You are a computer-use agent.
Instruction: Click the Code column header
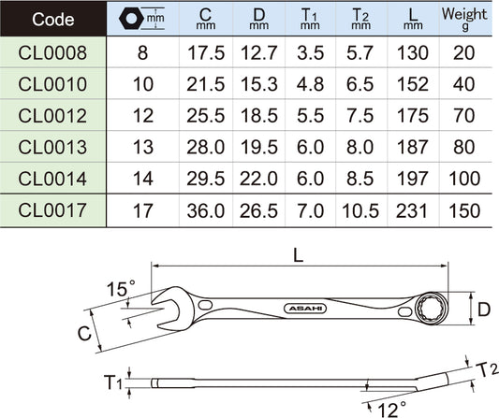(52, 20)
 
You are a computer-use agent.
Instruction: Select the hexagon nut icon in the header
(130, 19)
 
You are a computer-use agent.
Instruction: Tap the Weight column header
(464, 19)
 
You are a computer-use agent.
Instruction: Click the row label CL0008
(52, 52)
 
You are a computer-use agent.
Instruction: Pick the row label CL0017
(52, 210)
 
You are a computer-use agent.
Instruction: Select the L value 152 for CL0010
(413, 84)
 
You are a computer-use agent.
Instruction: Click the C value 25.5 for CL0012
(206, 116)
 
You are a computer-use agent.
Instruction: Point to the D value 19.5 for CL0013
(258, 147)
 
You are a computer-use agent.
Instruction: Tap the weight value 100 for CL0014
(464, 179)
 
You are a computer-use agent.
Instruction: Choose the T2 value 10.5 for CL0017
(360, 210)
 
